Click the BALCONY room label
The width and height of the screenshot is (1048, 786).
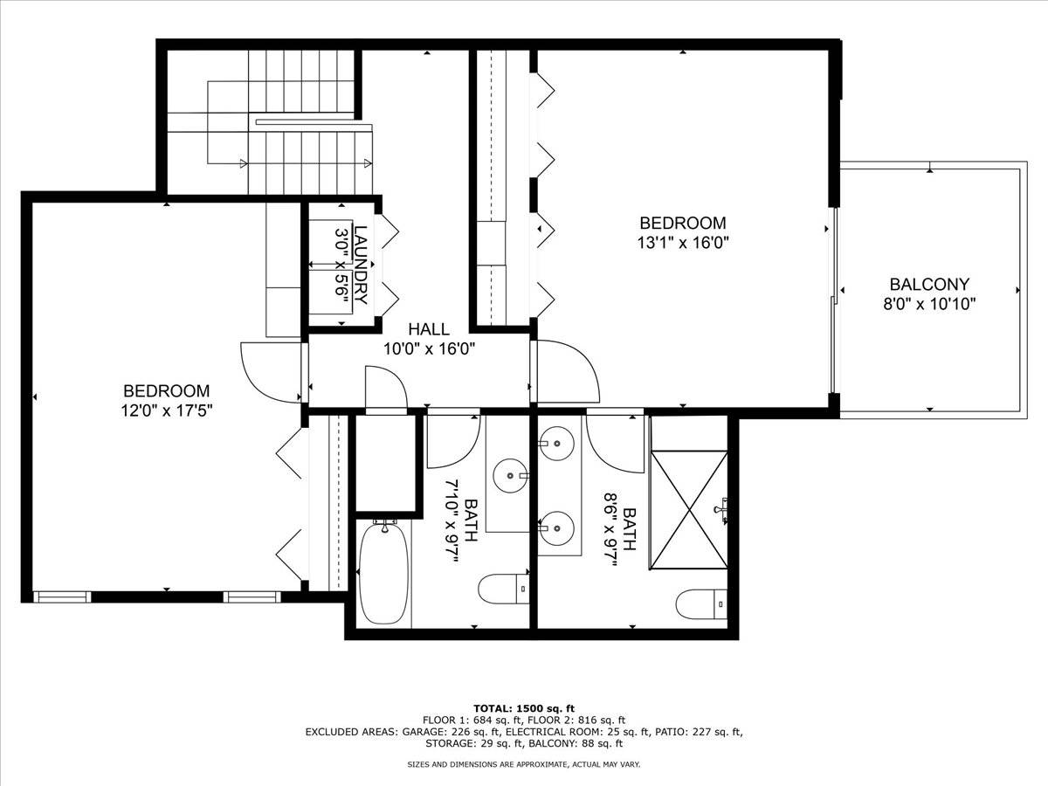pos(929,284)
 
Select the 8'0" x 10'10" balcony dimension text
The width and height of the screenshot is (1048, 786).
pos(929,304)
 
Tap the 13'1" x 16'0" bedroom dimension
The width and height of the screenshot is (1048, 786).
pos(682,243)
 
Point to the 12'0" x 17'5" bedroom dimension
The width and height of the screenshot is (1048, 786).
pos(166,410)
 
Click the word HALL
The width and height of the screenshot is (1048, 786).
pos(429,329)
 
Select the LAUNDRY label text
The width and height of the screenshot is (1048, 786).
pos(362,265)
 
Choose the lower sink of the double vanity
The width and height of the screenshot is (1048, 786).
pos(556,527)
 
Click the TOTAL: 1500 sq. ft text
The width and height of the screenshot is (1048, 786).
pos(523,707)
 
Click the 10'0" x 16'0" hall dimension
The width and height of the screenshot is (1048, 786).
pos(429,348)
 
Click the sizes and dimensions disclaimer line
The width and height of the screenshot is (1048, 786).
pos(523,765)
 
